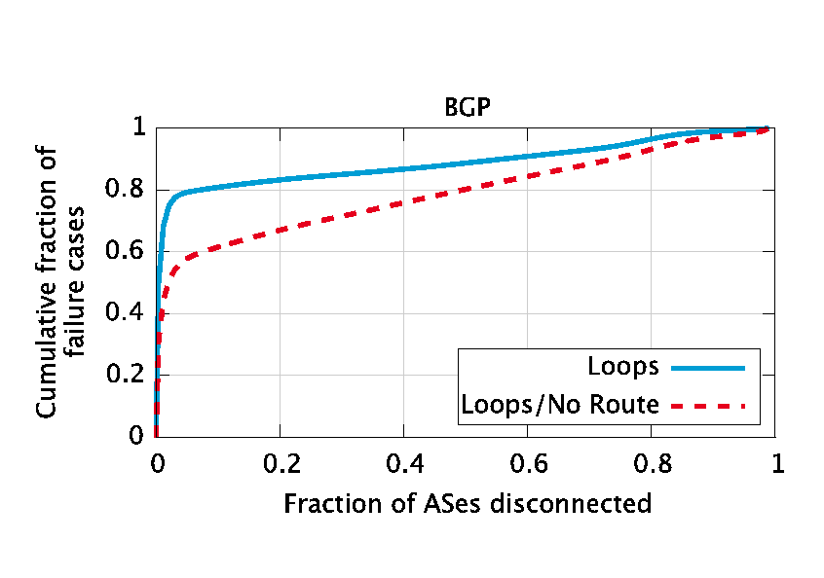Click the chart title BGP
[467, 107]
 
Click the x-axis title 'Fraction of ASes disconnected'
[467, 504]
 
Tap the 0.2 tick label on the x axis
[281, 464]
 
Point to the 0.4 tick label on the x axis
[404, 464]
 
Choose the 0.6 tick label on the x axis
[529, 464]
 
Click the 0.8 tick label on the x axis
[653, 464]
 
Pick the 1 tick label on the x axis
[776, 464]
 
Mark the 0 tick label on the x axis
[157, 464]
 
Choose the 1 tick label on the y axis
[138, 127]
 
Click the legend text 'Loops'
[623, 368]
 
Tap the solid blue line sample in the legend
[707, 368]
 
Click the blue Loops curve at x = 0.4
[404, 168]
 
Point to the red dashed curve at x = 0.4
[404, 202]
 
